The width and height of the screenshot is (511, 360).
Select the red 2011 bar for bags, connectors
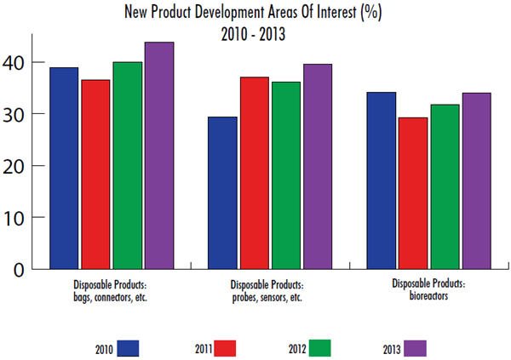(96, 174)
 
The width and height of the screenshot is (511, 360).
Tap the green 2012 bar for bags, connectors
(128, 165)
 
